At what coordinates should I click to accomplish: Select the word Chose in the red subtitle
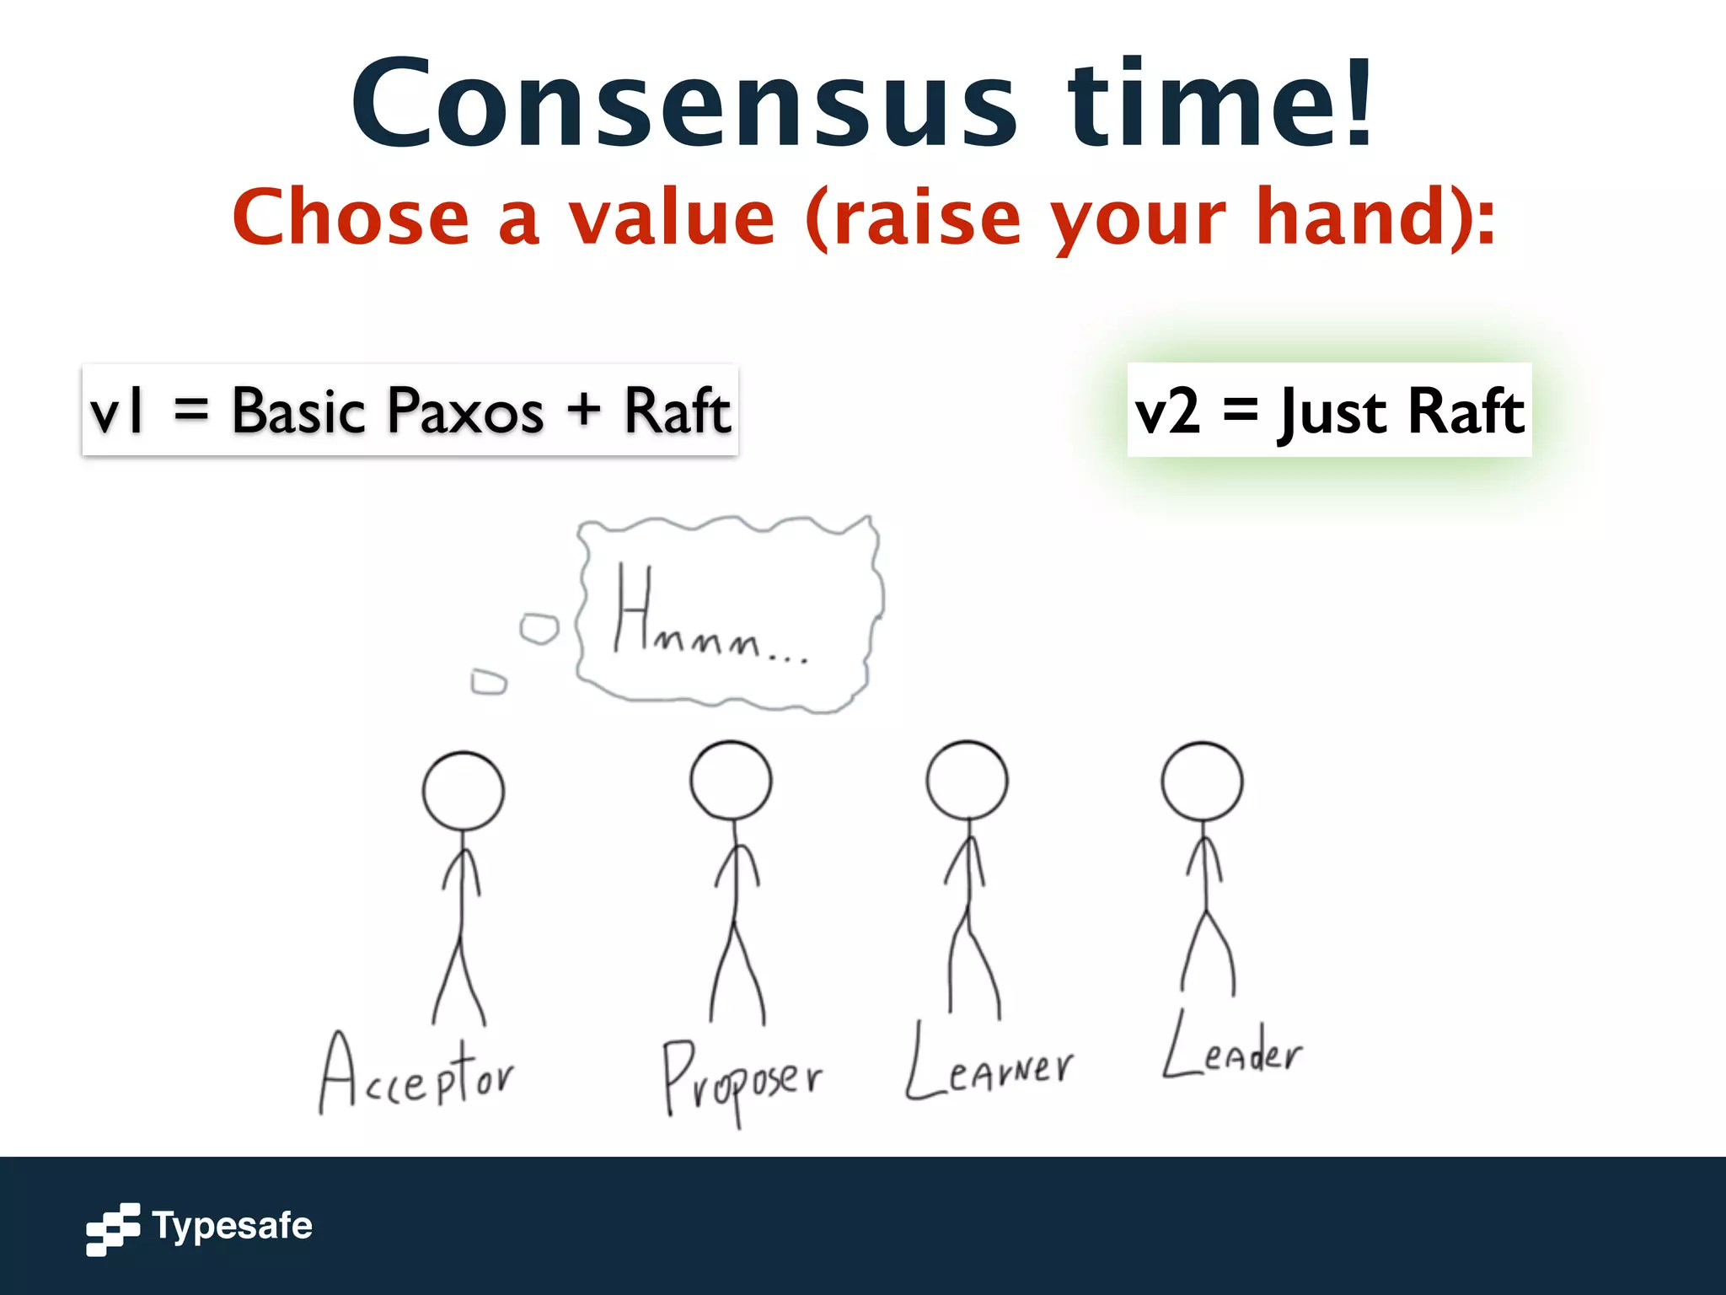click(x=351, y=218)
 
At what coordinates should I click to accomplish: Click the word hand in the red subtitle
click(x=1344, y=218)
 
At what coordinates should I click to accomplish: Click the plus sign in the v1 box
click(x=583, y=411)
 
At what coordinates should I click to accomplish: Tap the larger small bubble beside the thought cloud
click(x=539, y=629)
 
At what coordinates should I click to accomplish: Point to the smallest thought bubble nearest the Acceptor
click(x=489, y=681)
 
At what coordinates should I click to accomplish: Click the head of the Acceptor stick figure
click(x=463, y=791)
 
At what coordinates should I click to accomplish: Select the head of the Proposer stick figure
click(x=731, y=780)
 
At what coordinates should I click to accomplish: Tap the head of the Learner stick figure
click(x=967, y=780)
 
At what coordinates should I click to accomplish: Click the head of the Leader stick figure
click(x=1202, y=782)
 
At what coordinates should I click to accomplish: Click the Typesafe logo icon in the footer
click(x=113, y=1229)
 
